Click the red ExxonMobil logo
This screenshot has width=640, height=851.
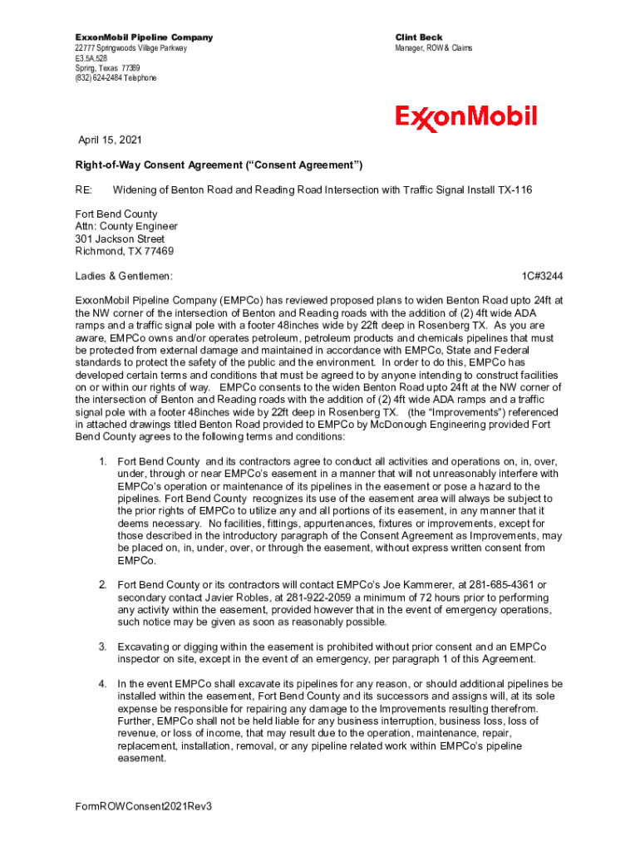pyautogui.click(x=465, y=117)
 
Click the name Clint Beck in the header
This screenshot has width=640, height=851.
pyautogui.click(x=420, y=37)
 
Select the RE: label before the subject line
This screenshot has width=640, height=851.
pyautogui.click(x=84, y=189)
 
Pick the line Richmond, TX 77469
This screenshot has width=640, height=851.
pyautogui.click(x=124, y=251)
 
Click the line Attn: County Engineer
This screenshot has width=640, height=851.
pyautogui.click(x=126, y=226)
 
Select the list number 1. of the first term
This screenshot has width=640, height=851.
pyautogui.click(x=102, y=461)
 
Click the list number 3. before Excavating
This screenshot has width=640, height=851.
pyautogui.click(x=102, y=647)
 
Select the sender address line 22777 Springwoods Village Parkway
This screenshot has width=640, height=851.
pyautogui.click(x=131, y=48)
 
